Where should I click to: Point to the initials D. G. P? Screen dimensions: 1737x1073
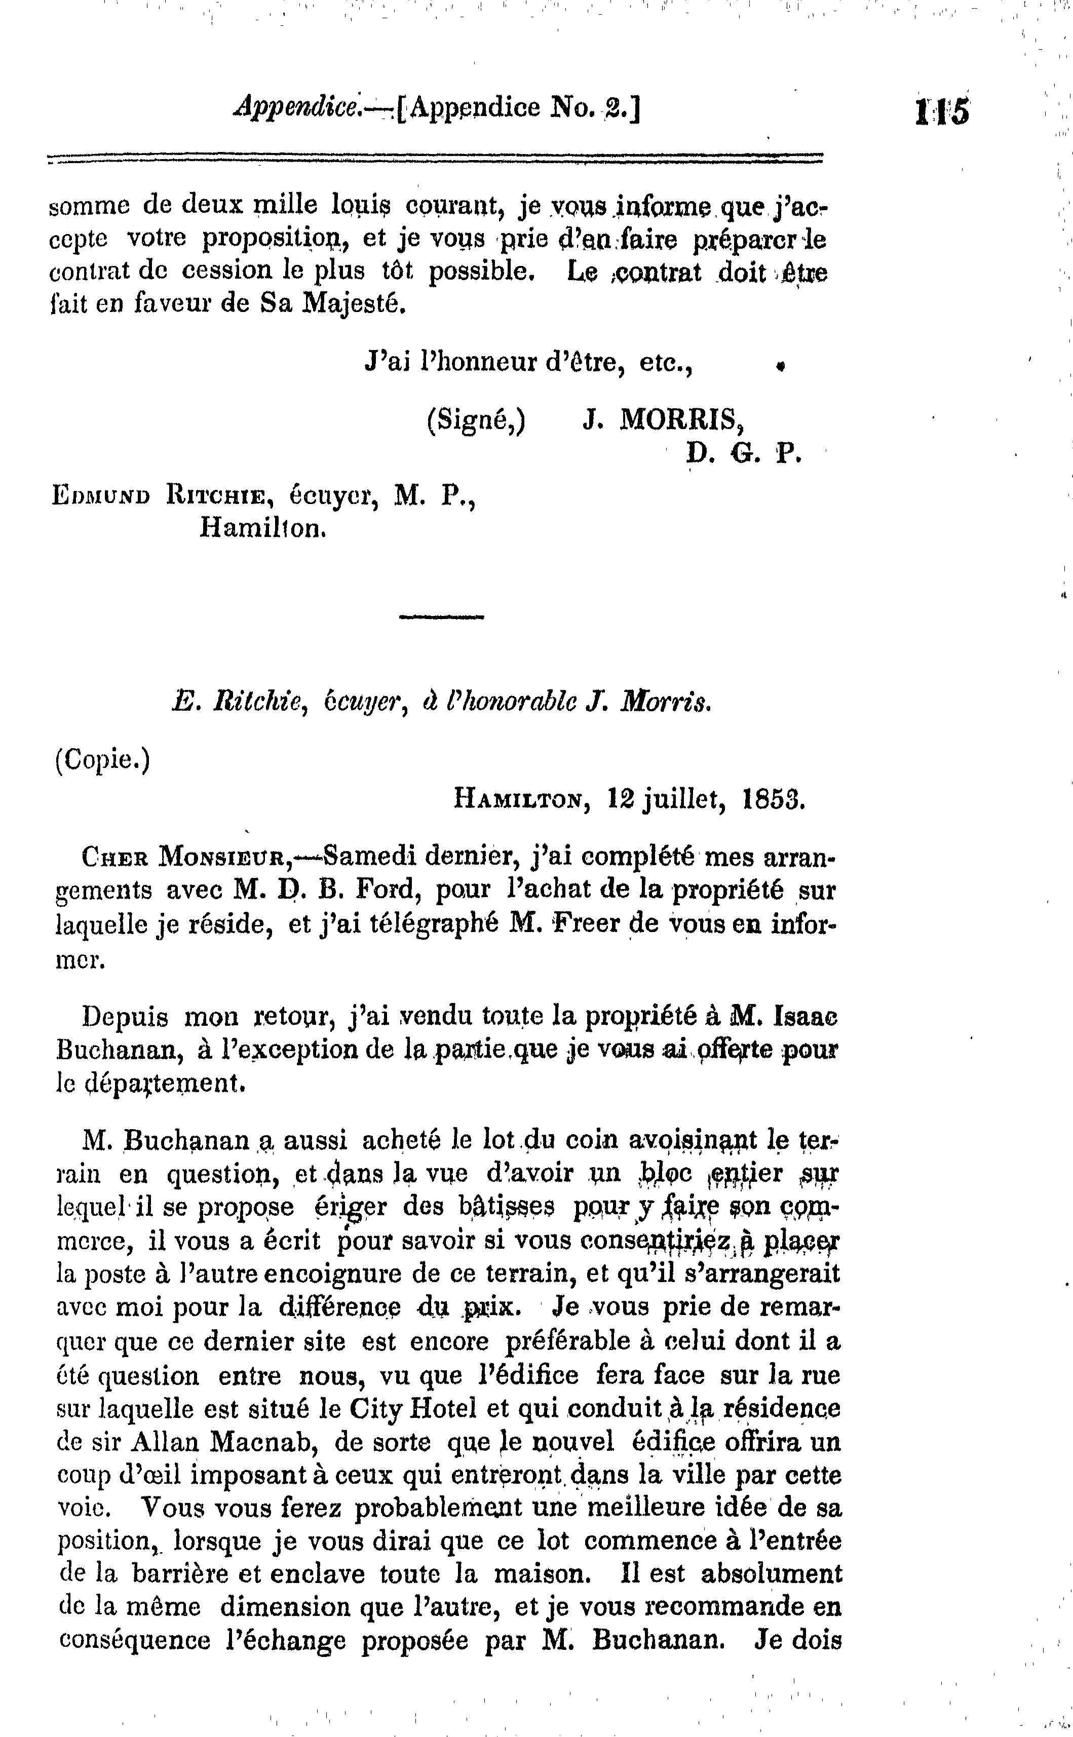[x=743, y=453]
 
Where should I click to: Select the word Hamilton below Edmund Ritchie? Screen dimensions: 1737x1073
[x=262, y=528]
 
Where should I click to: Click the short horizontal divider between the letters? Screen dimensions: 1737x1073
[x=441, y=616]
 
